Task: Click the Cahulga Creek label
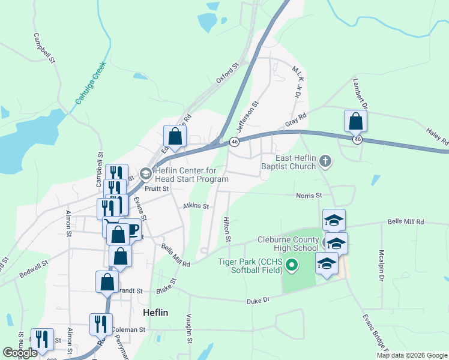[91, 85]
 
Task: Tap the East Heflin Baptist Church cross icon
[325, 161]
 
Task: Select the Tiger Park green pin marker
[292, 264]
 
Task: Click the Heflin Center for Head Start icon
[145, 174]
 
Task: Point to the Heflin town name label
[155, 313]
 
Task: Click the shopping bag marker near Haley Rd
[355, 122]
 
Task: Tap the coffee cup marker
[130, 229]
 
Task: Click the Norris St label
[309, 195]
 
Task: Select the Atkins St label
[196, 206]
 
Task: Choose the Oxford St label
[228, 72]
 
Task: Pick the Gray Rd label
[296, 121]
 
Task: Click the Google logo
[20, 352]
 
